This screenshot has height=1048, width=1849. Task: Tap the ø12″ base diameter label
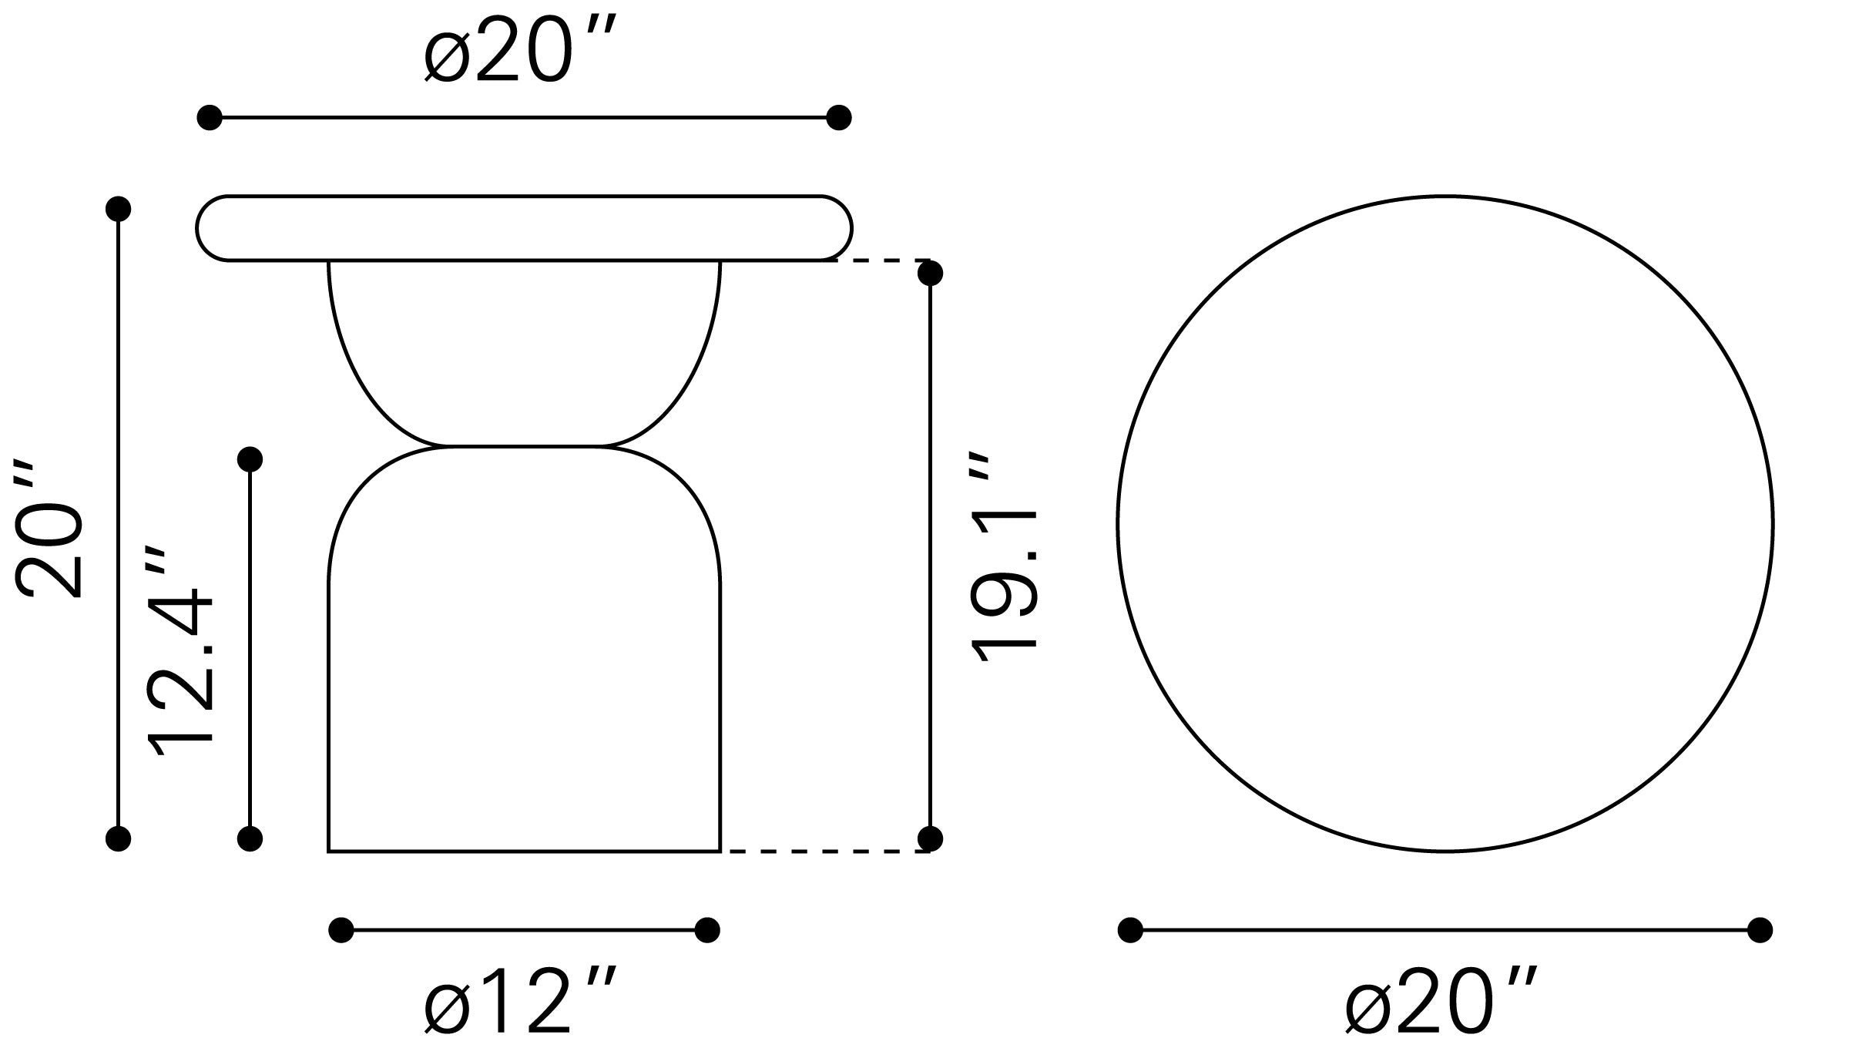521,1006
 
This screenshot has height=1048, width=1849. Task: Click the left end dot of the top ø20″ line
210,118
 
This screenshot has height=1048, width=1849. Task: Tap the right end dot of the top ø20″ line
838,118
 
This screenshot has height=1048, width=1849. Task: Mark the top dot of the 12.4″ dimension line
250,459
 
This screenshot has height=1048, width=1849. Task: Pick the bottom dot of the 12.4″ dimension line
250,838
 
